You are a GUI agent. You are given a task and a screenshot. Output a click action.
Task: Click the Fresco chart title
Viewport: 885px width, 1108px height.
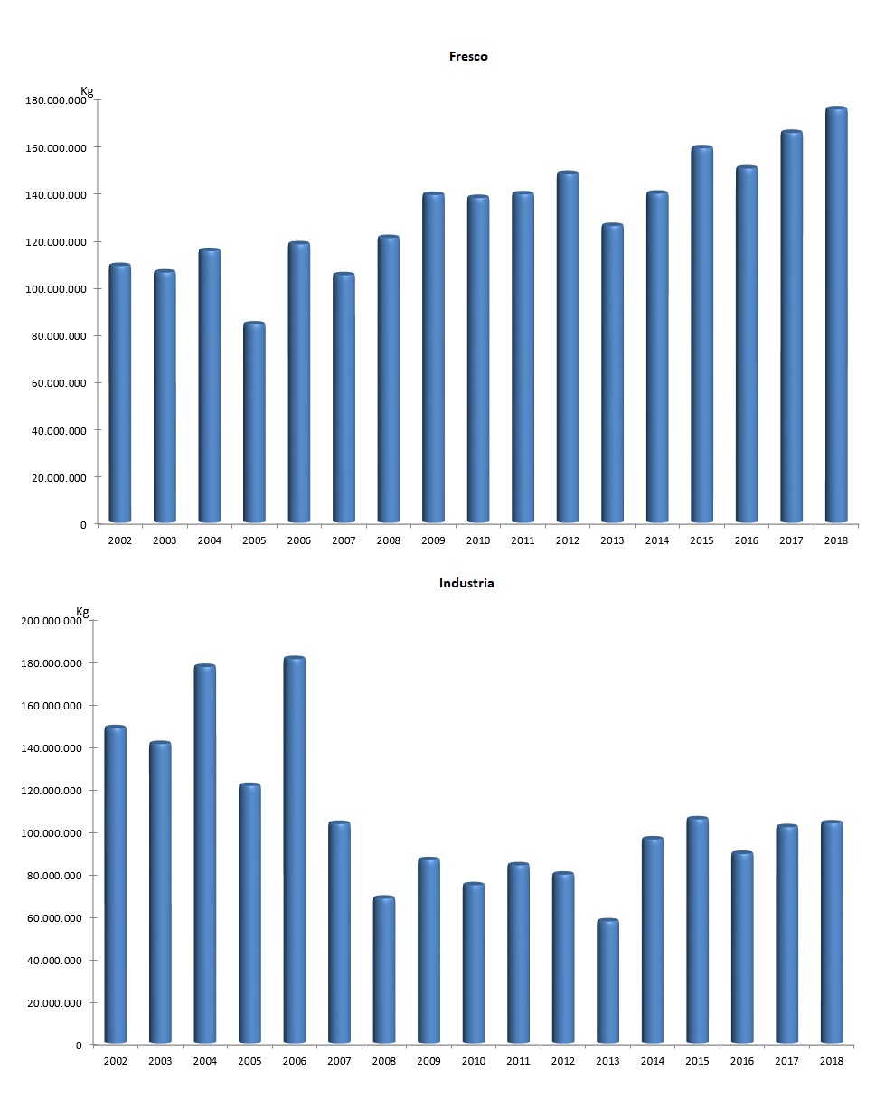coord(468,56)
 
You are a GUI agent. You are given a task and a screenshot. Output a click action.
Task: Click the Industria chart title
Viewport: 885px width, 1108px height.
coord(466,583)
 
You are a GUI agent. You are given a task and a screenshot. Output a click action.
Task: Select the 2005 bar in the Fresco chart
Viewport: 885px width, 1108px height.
coord(254,423)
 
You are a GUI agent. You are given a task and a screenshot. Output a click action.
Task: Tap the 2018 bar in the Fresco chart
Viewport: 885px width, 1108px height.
coord(836,315)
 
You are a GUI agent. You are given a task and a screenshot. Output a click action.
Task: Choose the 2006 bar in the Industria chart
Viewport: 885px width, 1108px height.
coord(294,850)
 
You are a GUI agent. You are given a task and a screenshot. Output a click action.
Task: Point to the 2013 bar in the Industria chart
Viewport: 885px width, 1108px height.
coord(607,981)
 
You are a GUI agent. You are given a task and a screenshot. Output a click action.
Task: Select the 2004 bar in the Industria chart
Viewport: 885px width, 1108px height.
coord(204,854)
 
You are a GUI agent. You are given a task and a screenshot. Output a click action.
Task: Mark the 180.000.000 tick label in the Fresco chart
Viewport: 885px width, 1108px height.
coord(57,100)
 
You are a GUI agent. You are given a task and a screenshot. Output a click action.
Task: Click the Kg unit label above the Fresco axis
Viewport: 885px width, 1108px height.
coord(87,90)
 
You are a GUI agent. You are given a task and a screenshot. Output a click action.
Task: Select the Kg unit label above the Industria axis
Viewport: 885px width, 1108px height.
coord(83,611)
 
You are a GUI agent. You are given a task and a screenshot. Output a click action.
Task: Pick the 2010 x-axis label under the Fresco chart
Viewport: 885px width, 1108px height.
coord(477,540)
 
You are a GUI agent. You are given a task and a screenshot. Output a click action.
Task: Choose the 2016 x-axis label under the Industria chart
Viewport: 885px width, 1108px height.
coord(742,1061)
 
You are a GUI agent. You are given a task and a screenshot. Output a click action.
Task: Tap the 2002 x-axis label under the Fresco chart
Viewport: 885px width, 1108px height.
coord(119,540)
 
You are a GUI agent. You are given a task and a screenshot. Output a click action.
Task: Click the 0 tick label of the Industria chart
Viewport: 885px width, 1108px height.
coord(80,1046)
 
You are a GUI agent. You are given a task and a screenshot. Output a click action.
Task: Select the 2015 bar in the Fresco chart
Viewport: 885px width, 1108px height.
coord(701,334)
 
